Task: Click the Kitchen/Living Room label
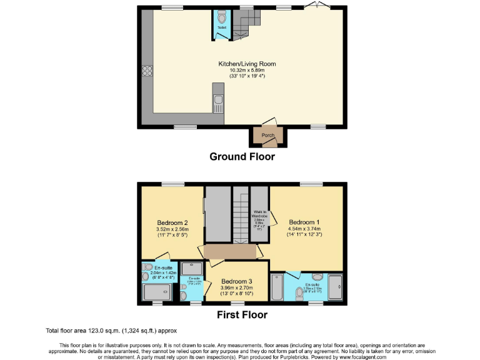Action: [x=246, y=64]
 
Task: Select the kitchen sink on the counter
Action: [x=218, y=101]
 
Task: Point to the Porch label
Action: [x=268, y=135]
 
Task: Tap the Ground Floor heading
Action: [x=241, y=157]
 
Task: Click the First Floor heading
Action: [x=242, y=315]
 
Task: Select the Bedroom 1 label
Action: [x=304, y=222]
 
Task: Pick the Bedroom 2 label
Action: [x=172, y=222]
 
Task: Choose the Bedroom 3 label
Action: [x=236, y=281]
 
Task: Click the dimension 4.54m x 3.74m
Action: [x=304, y=229]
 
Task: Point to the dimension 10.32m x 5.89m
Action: [x=246, y=70]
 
